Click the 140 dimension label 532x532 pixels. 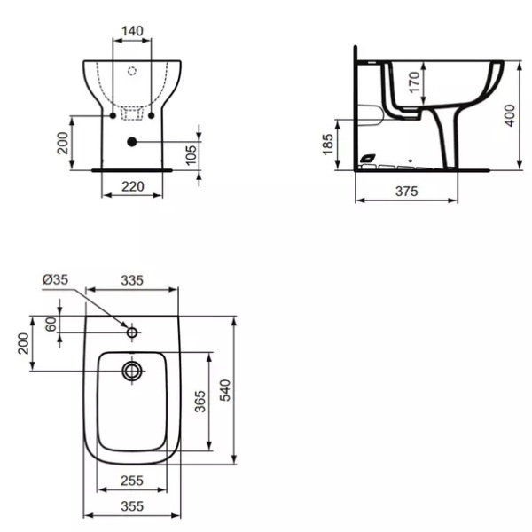pyautogui.click(x=132, y=31)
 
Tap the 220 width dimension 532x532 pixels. pyautogui.click(x=133, y=186)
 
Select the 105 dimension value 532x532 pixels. pyautogui.click(x=192, y=155)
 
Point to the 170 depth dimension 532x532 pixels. pyautogui.click(x=415, y=82)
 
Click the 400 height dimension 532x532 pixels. pyautogui.click(x=510, y=115)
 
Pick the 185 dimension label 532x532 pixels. pyautogui.click(x=328, y=145)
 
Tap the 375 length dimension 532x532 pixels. pyautogui.click(x=406, y=192)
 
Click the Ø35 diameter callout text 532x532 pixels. pyautogui.click(x=55, y=279)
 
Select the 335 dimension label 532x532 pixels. pyautogui.click(x=132, y=280)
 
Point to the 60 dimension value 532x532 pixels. pyautogui.click(x=51, y=325)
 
